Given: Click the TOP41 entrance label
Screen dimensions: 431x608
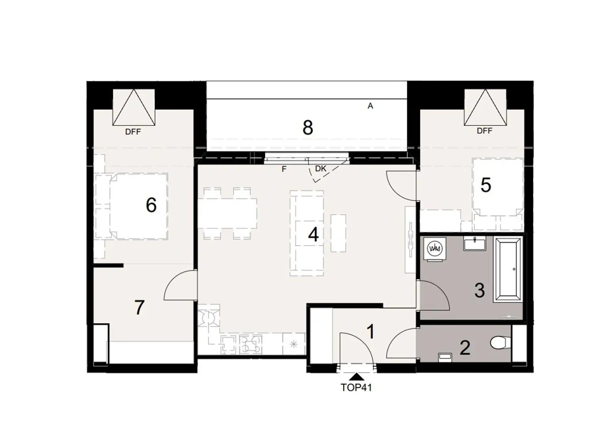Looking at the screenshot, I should pos(356,387).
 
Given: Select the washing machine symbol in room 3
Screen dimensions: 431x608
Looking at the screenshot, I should pos(435,249).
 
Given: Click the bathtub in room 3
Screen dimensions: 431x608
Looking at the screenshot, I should pos(509,270).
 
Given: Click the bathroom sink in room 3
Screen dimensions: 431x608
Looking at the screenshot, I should pos(474,243).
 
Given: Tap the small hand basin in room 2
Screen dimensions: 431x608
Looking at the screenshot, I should pos(445,357).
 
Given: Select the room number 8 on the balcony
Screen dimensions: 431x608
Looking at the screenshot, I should pos(308,128).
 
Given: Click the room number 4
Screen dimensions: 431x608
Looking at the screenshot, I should pos(313,235).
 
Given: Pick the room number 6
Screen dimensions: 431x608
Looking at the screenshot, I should pos(151,205).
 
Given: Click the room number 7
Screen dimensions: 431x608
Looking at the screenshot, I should pos(139,308).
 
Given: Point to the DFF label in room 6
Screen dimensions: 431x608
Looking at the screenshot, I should pos(133,132).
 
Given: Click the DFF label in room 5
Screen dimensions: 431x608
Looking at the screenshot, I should pos(484,131).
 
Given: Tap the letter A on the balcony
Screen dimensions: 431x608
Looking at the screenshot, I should pos(370,106).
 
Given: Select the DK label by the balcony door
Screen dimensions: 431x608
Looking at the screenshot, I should pos(321,169).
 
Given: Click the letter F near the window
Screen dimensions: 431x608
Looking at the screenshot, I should pos(284,169).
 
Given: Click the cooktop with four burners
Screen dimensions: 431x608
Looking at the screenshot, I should pos(250,344).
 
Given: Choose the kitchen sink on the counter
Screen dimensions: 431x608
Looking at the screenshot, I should pos(228,344).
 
